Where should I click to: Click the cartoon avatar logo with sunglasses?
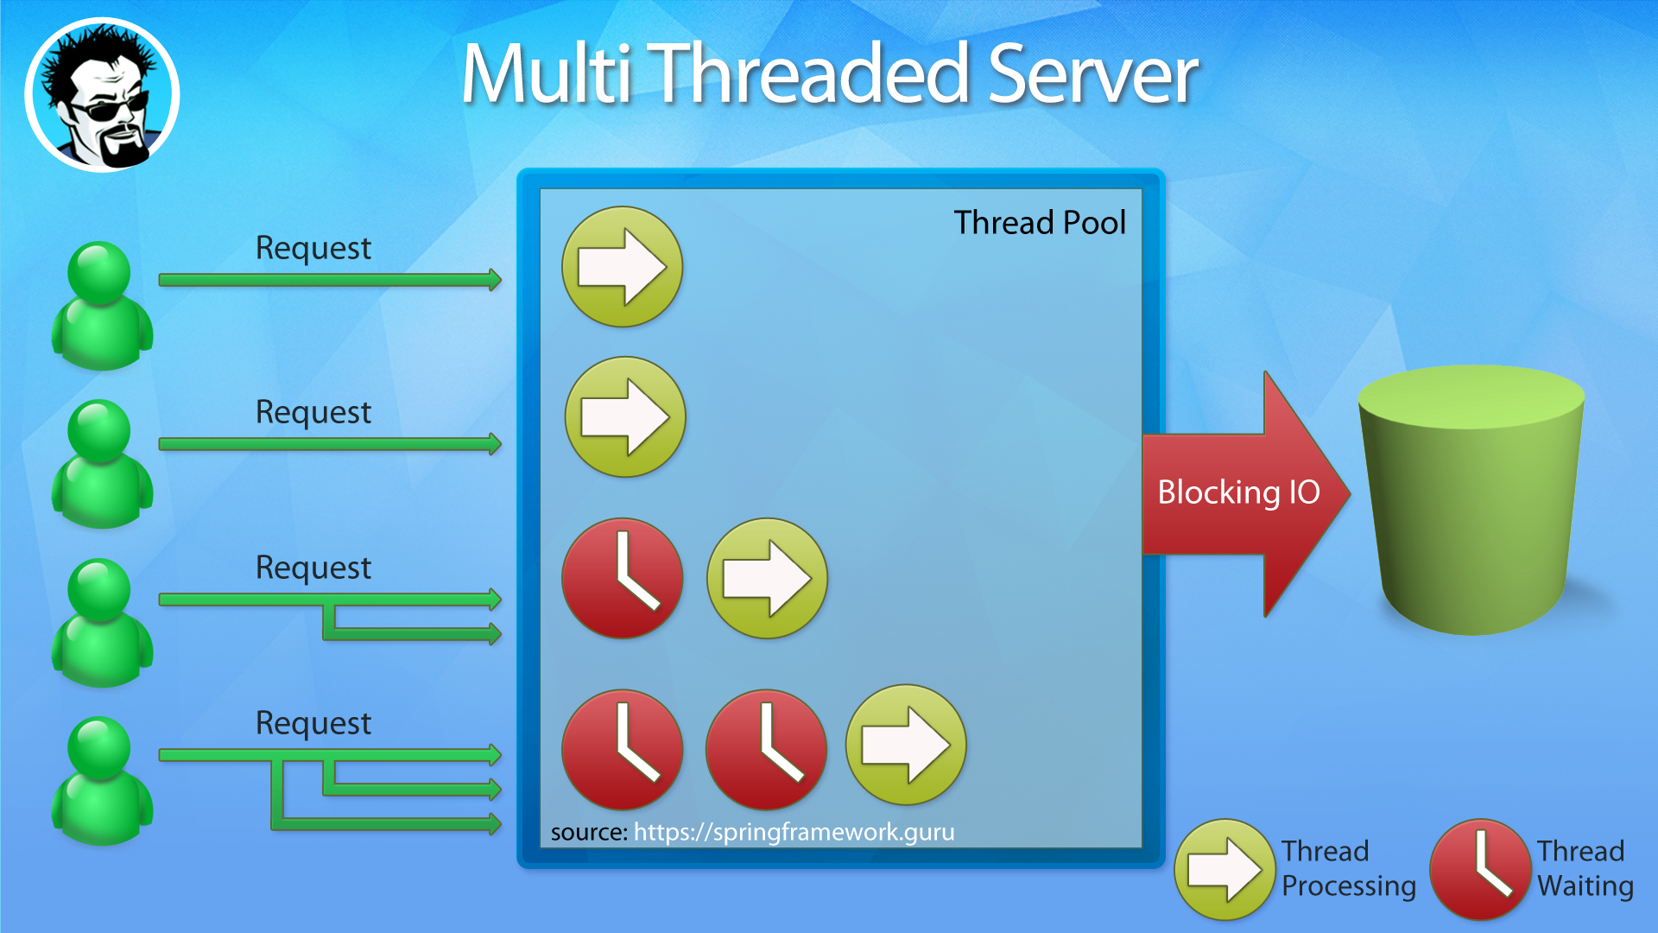coord(102,95)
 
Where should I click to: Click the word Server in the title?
coord(1092,75)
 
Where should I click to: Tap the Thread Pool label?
coord(1039,223)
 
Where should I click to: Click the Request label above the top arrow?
coord(313,248)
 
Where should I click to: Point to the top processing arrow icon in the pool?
coord(622,267)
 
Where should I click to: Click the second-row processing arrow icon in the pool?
coord(624,417)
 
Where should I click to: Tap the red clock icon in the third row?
coord(622,578)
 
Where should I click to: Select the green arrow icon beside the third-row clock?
coord(767,578)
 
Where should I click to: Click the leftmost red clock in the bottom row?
coord(622,749)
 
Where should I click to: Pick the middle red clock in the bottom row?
coord(765,749)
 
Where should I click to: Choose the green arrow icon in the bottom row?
coord(906,745)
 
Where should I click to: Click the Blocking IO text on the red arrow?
coord(1238,492)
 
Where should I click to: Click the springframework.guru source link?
coord(794,832)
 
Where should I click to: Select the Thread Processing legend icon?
coord(1225,869)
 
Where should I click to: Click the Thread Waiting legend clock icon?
coord(1480,869)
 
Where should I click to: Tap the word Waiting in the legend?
coord(1585,886)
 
